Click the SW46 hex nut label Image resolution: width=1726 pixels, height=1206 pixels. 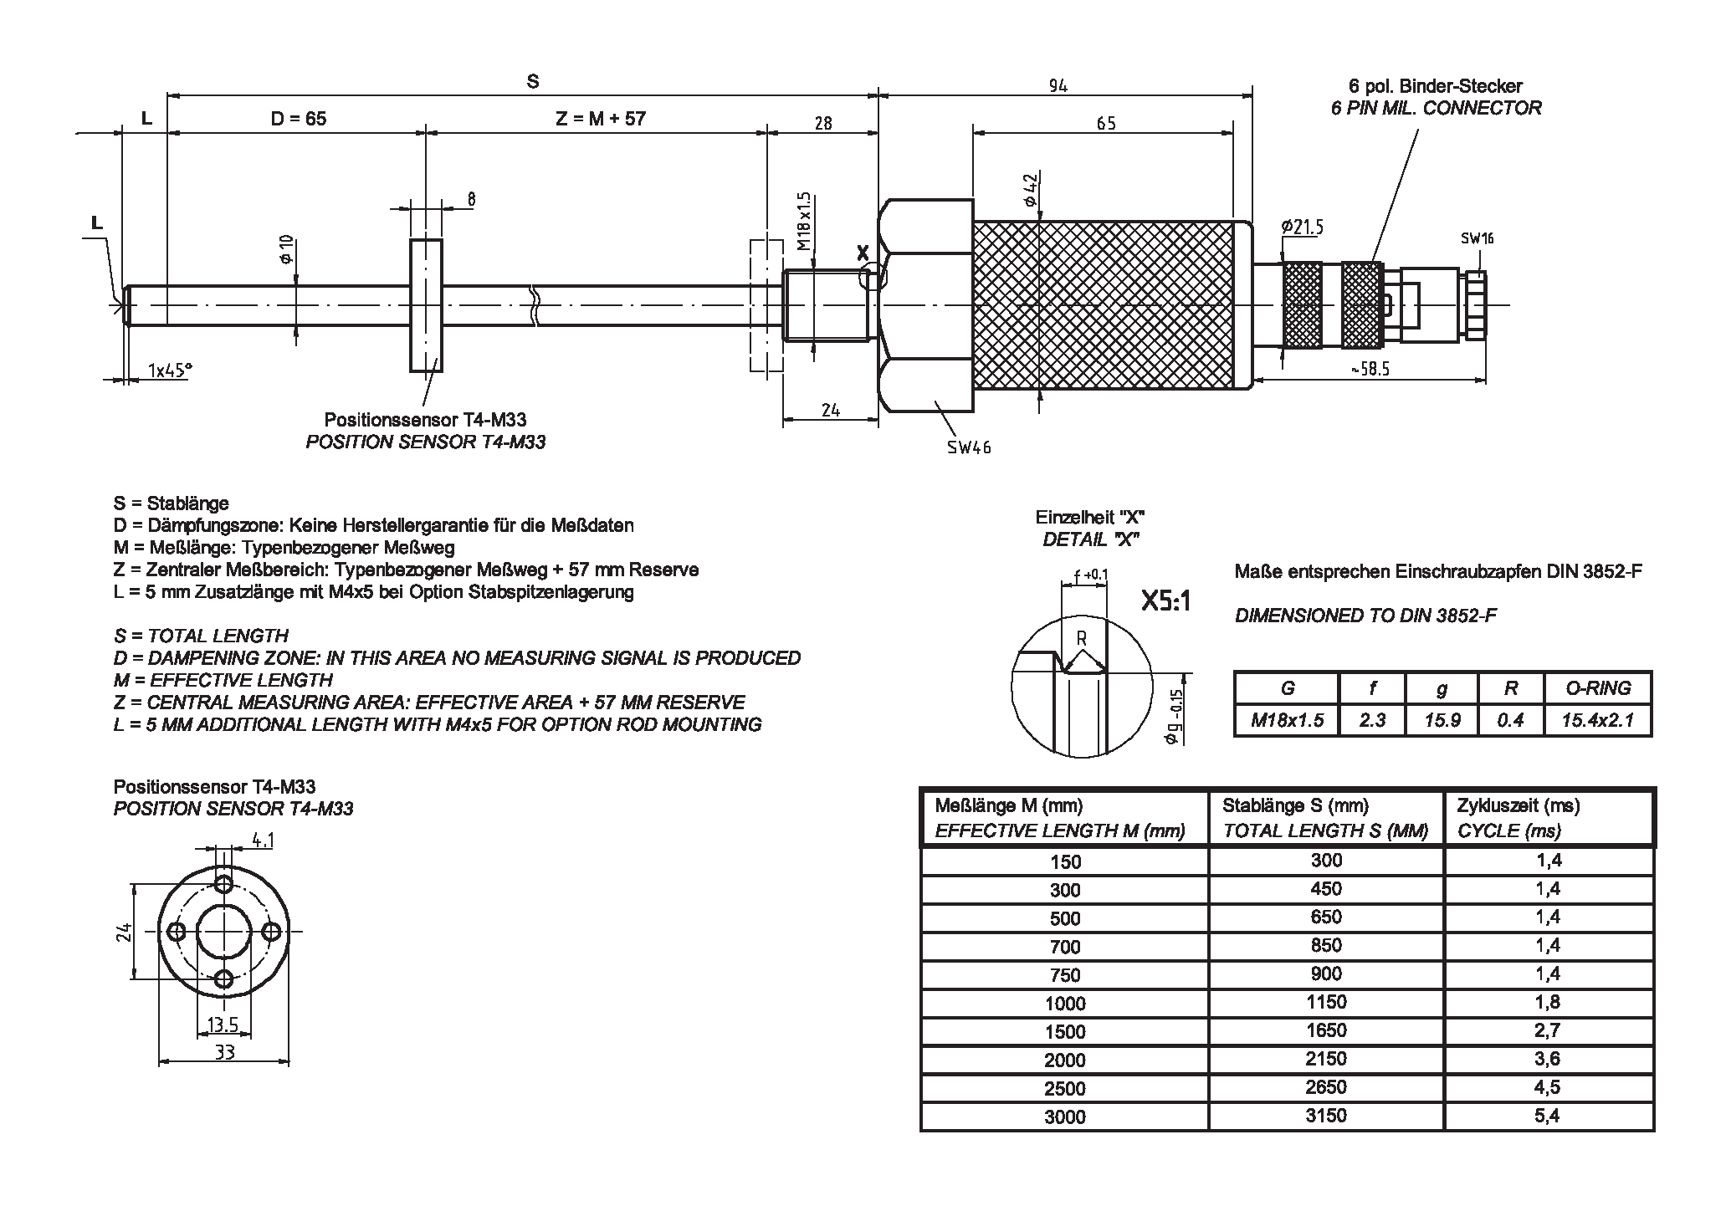(969, 447)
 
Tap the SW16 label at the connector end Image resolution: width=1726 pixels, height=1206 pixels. (1477, 238)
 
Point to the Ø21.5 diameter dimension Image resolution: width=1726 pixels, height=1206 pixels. (1302, 227)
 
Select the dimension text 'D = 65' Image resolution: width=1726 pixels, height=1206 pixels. (298, 119)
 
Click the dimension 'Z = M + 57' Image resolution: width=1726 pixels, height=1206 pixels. (601, 119)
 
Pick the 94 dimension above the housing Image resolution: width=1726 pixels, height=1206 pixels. (1058, 85)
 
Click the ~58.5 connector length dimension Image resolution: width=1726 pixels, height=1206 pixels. (1370, 369)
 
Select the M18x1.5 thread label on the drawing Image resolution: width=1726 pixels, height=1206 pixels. (804, 222)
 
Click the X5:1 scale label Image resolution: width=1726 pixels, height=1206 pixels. (1165, 600)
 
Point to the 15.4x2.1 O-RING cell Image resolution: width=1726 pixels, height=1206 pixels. (1597, 720)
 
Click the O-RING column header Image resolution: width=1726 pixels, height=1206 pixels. (1597, 688)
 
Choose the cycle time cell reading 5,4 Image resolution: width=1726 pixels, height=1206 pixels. (1548, 1115)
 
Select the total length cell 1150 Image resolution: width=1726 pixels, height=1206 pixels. (1326, 1002)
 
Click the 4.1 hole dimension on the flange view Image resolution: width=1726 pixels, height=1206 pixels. (263, 840)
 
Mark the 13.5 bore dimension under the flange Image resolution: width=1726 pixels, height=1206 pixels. (223, 1025)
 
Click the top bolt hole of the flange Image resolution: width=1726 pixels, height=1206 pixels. (223, 883)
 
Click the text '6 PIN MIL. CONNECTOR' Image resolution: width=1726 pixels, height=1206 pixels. (1436, 108)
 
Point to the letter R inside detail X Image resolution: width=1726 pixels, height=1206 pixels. (1081, 638)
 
